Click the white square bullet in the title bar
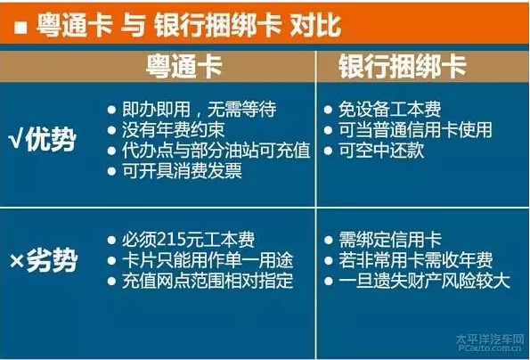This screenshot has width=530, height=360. click(20, 28)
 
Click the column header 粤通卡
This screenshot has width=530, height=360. click(184, 67)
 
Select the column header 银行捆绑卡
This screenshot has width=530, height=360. click(403, 67)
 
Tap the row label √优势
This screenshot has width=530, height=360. click(43, 140)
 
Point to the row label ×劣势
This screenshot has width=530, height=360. click(44, 260)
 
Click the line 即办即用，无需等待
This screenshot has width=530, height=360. click(200, 110)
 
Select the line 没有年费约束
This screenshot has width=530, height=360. click(173, 130)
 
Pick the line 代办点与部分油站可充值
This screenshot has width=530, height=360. click(216, 151)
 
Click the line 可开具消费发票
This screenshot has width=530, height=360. click(182, 171)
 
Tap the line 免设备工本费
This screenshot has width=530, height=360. click(390, 110)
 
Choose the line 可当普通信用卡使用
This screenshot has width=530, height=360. click(415, 130)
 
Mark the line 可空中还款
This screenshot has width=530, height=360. click(381, 151)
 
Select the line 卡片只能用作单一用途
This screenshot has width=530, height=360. click(208, 260)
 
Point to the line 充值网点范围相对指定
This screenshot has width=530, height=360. click(208, 281)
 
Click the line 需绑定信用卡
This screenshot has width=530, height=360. click(390, 240)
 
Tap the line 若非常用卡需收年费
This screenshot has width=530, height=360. click(416, 260)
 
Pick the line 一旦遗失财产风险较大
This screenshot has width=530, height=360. click(424, 281)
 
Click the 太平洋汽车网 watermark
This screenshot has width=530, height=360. click(489, 340)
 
